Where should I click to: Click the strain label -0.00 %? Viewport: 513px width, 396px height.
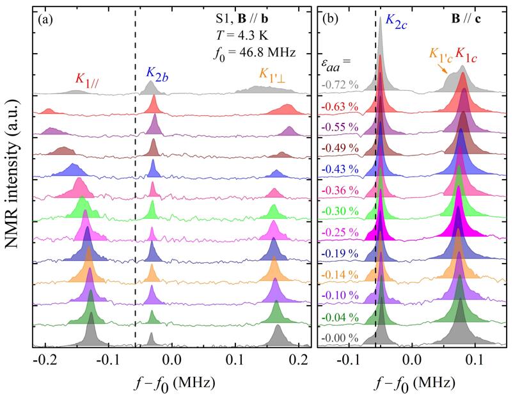pos(336,338)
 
